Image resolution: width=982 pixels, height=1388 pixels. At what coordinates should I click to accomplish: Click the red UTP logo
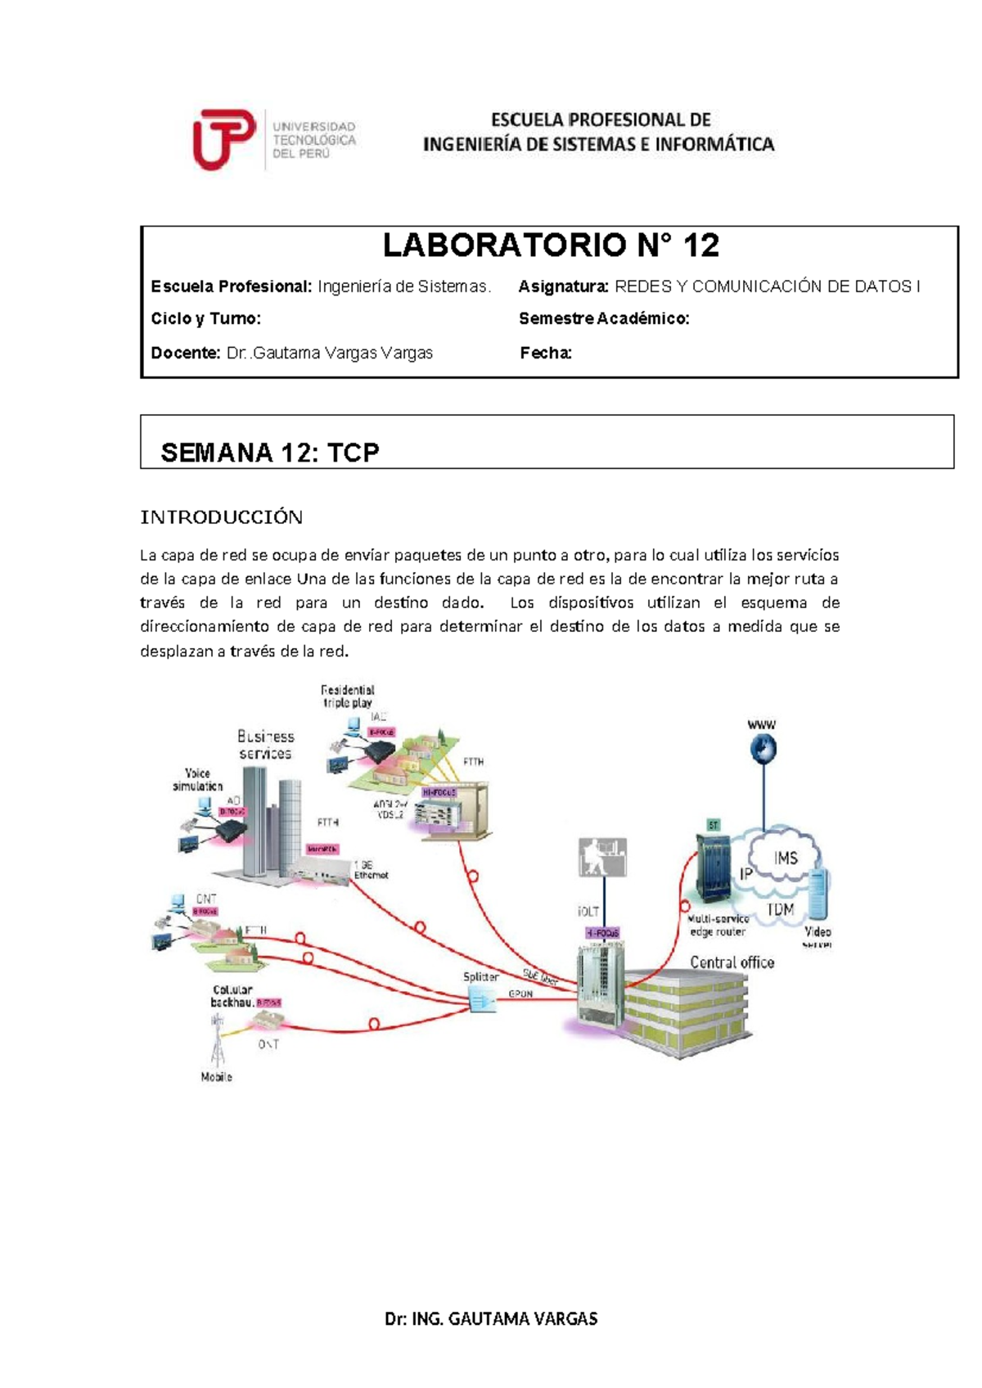223,139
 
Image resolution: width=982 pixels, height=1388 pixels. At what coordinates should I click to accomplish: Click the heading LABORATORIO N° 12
551,245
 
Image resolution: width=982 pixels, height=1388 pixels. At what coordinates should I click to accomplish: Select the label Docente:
186,353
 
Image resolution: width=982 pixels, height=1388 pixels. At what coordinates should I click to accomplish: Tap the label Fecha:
545,353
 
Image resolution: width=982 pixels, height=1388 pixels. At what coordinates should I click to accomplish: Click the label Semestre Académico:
604,318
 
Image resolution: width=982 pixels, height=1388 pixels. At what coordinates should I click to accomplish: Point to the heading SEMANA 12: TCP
270,452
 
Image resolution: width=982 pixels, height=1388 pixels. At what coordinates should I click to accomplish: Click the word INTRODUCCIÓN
222,517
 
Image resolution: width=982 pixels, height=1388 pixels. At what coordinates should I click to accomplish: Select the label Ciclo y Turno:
205,318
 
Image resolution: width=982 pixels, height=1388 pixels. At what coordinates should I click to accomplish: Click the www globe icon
763,748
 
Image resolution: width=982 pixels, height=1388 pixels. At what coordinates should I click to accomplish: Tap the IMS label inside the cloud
785,858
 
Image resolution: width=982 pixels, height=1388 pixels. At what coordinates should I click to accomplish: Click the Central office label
732,962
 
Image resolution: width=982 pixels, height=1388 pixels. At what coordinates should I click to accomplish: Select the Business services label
265,745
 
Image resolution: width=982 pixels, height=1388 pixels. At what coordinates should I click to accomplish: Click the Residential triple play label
348,696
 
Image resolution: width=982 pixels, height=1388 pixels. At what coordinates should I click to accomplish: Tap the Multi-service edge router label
718,925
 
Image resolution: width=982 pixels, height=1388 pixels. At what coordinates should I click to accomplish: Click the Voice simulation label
197,779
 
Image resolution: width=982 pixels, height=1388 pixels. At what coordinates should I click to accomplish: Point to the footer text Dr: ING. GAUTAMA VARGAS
491,1318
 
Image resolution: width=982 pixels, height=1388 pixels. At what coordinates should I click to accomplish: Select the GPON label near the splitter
520,994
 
